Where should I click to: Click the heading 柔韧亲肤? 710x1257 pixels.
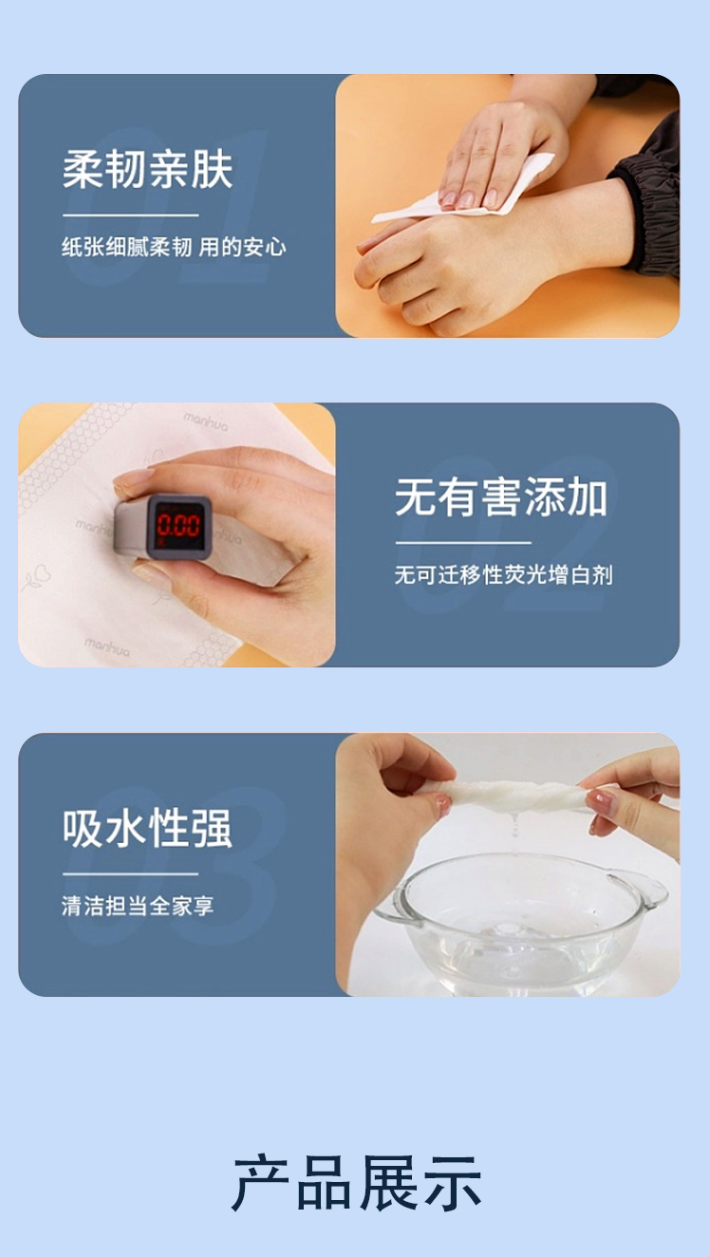[148, 169]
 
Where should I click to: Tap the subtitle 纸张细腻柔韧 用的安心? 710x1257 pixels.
[174, 247]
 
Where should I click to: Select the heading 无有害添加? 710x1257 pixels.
[500, 497]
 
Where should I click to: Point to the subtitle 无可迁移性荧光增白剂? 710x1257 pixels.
[503, 574]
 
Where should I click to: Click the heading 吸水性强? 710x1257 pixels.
[147, 828]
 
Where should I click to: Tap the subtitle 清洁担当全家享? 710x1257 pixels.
[138, 906]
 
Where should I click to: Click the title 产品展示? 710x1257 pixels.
[357, 1183]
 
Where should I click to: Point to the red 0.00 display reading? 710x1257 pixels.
[178, 526]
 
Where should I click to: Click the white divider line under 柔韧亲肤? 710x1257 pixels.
[130, 215]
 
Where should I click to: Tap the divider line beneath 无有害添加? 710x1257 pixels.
[463, 543]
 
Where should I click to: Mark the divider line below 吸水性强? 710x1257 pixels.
[130, 873]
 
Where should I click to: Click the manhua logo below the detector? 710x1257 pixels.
[106, 647]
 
